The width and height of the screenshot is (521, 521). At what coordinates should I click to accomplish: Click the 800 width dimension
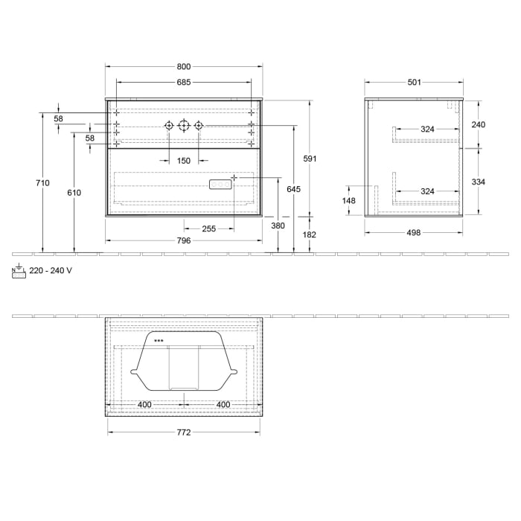(184, 65)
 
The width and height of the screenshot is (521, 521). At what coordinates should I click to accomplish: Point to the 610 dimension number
(74, 193)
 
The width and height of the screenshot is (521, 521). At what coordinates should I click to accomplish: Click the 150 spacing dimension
(184, 161)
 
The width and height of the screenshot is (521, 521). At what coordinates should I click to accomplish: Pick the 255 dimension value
(208, 228)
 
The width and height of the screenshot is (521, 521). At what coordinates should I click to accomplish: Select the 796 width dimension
(184, 240)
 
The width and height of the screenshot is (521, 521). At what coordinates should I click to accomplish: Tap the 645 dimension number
(293, 190)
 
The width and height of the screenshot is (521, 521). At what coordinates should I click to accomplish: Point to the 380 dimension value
(278, 226)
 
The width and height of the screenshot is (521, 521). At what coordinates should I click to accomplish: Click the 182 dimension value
(310, 234)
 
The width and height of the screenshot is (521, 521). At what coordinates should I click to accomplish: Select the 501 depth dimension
(415, 83)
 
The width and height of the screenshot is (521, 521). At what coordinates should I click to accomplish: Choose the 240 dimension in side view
(479, 124)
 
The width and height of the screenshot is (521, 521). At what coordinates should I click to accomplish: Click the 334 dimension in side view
(479, 182)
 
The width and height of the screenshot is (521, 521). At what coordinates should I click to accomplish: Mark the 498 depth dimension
(414, 232)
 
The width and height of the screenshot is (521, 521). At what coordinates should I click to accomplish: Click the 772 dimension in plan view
(184, 432)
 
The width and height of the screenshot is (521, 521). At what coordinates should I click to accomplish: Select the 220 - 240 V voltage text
(51, 271)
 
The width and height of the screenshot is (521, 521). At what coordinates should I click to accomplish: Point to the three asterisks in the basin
(158, 341)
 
